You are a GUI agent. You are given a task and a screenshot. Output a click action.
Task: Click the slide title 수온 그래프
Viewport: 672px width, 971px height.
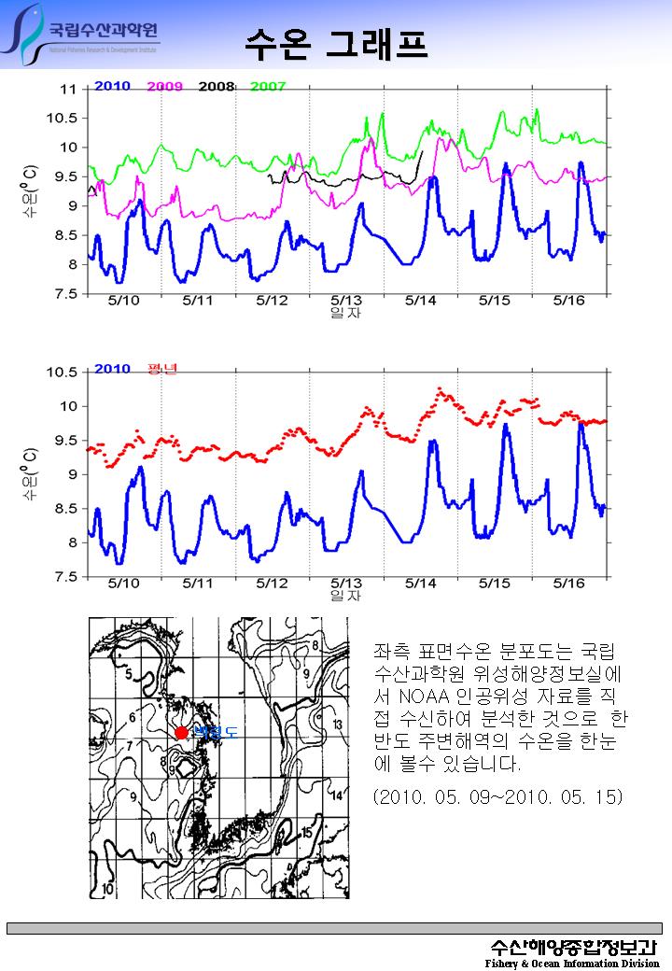(x=335, y=42)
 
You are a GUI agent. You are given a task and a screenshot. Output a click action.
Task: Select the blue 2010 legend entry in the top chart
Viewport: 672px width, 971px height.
(x=112, y=87)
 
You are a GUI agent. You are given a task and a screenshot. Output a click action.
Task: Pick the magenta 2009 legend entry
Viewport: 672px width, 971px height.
(x=164, y=87)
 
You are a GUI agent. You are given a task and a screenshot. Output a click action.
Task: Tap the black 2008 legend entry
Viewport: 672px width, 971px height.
(x=216, y=87)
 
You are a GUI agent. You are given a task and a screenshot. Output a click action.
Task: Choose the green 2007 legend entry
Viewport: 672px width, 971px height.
(x=268, y=87)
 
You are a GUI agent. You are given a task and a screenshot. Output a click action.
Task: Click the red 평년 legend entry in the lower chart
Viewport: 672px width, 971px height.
(x=162, y=369)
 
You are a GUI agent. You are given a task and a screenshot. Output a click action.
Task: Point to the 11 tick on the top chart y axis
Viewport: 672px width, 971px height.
(x=67, y=90)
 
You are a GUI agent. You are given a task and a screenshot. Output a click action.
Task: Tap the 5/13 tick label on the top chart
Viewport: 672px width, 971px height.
(x=346, y=301)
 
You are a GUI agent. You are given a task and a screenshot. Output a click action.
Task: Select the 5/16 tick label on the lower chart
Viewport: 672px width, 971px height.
(x=568, y=583)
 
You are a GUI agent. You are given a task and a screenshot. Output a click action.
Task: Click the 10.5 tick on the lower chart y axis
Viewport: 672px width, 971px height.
(x=63, y=372)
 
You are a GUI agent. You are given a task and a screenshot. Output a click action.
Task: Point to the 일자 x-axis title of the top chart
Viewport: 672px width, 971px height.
(x=345, y=313)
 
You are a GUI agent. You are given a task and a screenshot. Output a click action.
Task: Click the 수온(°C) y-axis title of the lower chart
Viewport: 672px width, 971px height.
(x=30, y=474)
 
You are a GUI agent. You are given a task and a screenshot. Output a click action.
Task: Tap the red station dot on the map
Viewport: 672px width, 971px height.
(x=181, y=733)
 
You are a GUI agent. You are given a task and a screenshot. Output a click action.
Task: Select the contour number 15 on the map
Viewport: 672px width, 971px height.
(x=307, y=832)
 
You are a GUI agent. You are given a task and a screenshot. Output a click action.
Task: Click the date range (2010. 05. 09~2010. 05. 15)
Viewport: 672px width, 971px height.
(x=497, y=797)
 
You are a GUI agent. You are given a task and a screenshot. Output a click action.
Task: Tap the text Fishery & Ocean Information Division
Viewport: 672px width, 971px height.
(x=572, y=963)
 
